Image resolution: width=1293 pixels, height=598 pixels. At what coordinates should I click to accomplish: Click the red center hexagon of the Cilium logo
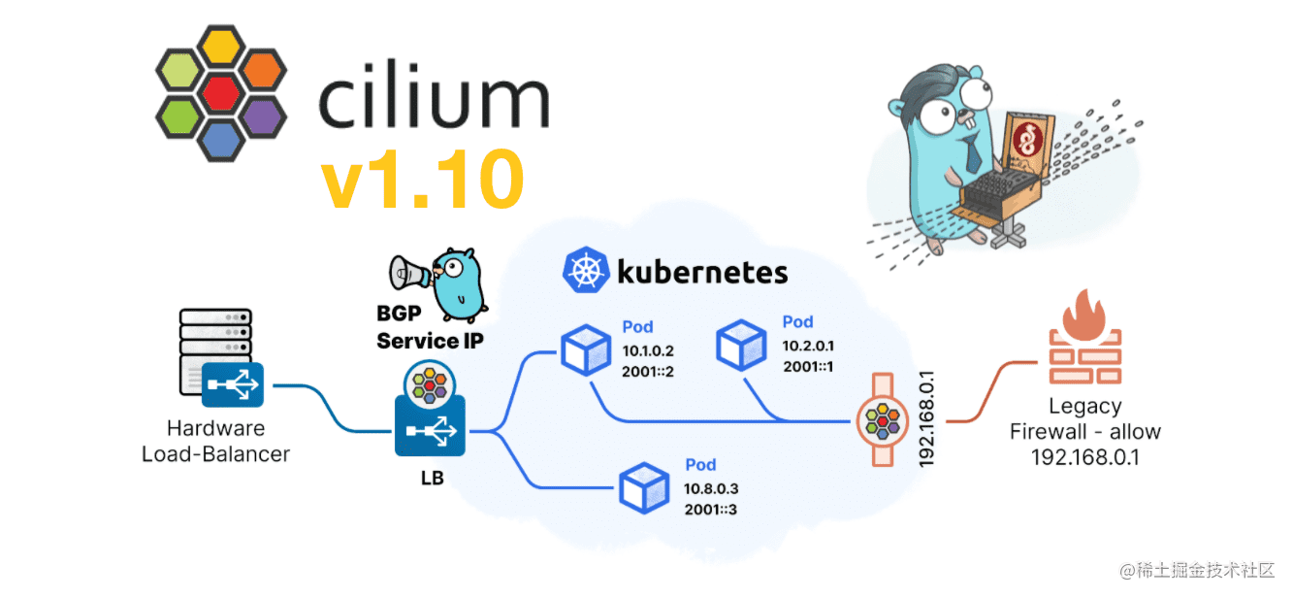coord(221,94)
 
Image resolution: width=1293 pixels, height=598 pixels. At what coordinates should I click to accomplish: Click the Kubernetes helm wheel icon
coord(585,271)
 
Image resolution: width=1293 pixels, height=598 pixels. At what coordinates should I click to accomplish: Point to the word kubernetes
coord(702,272)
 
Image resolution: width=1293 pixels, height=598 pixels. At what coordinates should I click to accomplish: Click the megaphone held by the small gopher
coord(408,273)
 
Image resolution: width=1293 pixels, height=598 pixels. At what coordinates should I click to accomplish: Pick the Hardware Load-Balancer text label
coord(215,441)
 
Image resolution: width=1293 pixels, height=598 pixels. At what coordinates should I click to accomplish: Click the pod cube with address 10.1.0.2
coord(586,349)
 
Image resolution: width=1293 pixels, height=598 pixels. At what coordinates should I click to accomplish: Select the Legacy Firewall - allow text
coord(1085,419)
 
